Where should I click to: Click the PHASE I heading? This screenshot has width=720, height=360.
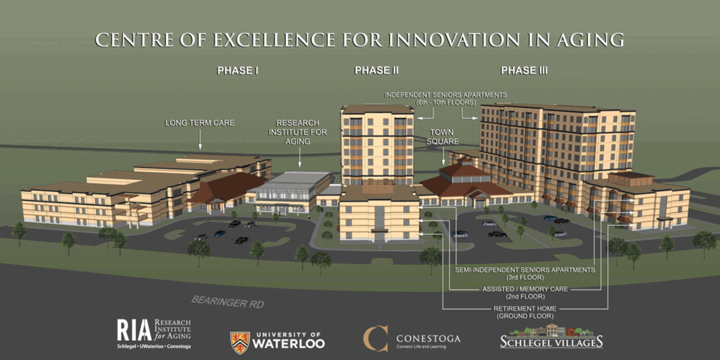coord(238,71)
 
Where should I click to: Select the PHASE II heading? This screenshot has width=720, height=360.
coord(376,70)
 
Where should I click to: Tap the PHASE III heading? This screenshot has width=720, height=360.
coord(524,70)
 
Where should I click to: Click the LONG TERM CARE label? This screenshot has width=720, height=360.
coord(200,123)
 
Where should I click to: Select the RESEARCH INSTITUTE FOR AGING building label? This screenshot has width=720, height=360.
coord(298,132)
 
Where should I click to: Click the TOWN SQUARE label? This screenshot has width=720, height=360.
coord(442,137)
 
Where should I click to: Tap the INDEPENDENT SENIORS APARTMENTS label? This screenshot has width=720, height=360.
coord(446,95)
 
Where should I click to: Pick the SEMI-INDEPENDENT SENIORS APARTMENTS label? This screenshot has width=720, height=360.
coord(525,270)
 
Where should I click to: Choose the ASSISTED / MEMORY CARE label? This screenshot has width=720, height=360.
coord(525,289)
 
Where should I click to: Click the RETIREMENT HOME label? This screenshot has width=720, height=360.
coord(525,308)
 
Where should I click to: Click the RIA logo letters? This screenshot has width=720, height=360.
coord(134,330)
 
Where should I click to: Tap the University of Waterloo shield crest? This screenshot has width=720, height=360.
coord(240,343)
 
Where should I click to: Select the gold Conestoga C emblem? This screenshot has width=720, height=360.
coord(376,338)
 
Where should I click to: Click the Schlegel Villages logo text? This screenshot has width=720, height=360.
coord(551,342)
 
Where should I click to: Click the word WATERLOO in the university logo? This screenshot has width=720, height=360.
coord(289,344)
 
